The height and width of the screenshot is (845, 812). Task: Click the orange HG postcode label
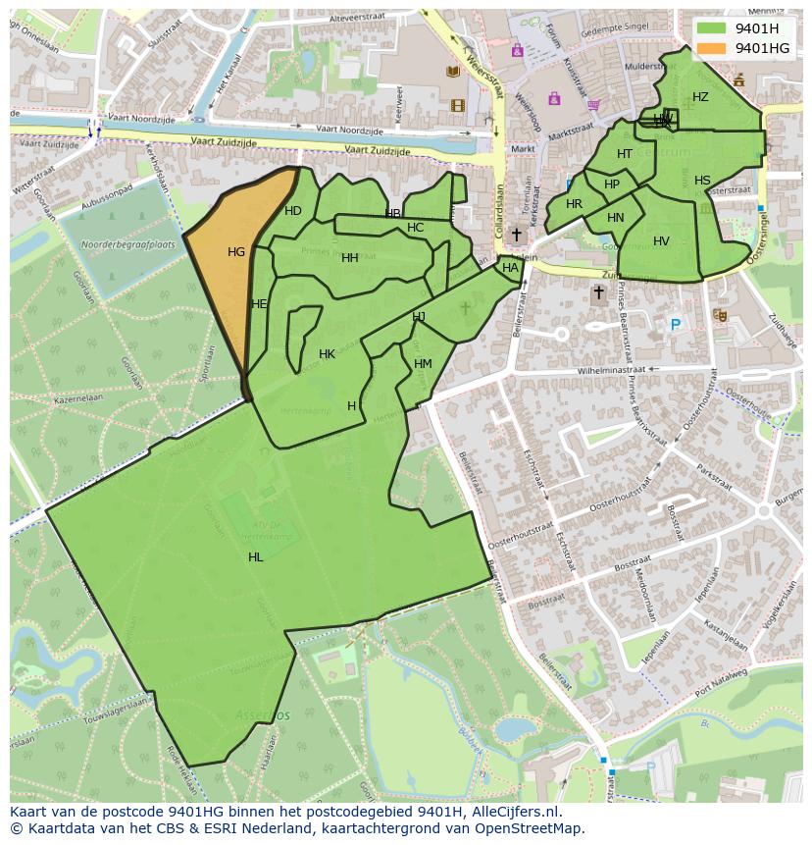point(236,252)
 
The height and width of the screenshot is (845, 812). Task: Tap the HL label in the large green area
point(256,557)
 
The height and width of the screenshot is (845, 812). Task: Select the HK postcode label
point(327,354)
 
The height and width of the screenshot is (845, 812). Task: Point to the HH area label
point(350,258)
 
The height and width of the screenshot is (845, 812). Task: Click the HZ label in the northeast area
point(700,97)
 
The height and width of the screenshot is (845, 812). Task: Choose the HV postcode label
point(661,241)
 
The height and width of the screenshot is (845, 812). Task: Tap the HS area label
point(702,181)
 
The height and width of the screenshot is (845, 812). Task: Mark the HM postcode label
point(423,364)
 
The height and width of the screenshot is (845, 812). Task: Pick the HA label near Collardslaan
point(510,268)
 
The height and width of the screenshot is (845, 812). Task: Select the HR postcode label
point(574,204)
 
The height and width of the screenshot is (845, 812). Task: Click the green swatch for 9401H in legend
point(712,28)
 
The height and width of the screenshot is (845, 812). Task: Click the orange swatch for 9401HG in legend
point(712,48)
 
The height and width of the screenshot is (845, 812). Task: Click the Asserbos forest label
point(262,715)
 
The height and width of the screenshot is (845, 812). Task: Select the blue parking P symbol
point(675,325)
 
